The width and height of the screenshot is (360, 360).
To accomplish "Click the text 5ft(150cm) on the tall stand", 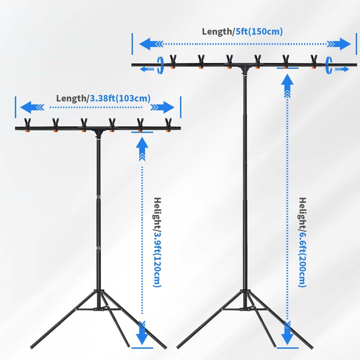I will [x=259, y=31].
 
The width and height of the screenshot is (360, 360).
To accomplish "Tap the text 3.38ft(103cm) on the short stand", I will [x=120, y=98].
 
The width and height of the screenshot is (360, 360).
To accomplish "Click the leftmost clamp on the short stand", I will [x=27, y=124].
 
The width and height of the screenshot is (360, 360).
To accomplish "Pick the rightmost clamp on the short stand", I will [x=169, y=124].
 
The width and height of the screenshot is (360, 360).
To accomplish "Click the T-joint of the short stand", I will [x=98, y=132].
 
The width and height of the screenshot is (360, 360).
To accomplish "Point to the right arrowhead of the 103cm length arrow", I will [x=166, y=108].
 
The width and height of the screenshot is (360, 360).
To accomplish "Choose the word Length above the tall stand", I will [x=218, y=31].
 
